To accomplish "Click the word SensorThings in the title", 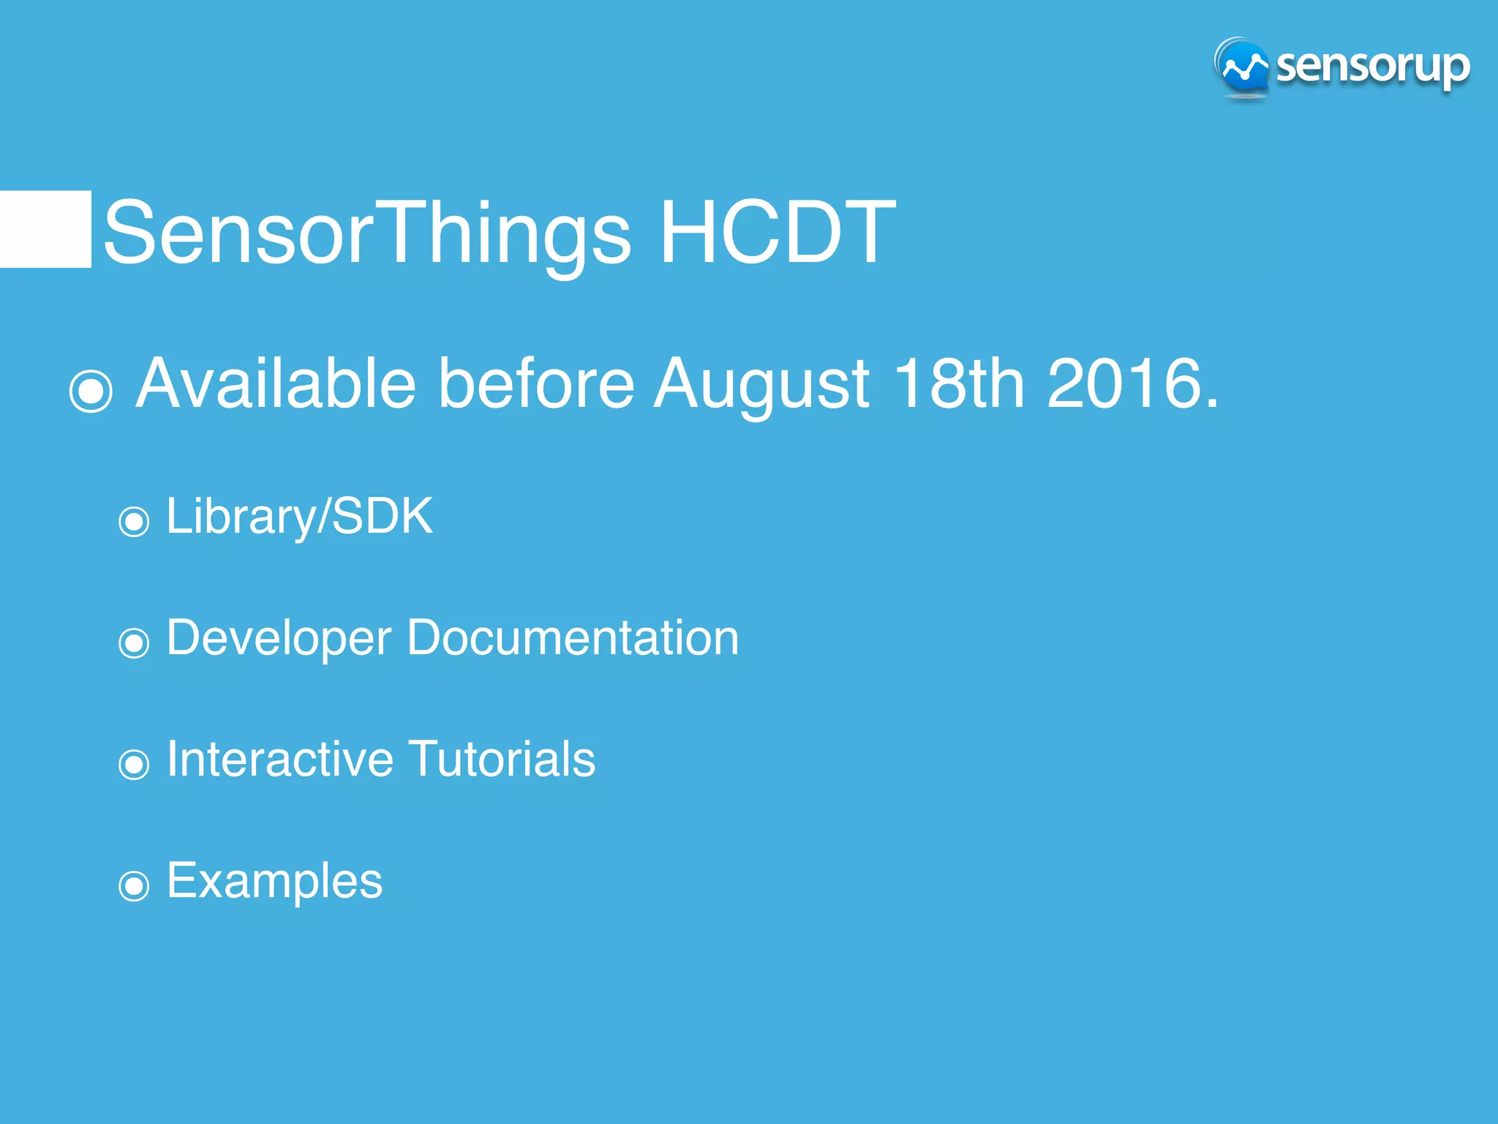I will (366, 233).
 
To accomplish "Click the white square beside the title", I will (45, 229).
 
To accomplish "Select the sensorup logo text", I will (1372, 67).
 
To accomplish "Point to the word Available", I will (276, 383).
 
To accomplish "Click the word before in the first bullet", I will (535, 383).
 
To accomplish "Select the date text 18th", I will (958, 383).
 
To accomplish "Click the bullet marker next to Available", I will (91, 390).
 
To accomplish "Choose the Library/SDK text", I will (299, 517).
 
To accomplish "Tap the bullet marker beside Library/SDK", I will (134, 522).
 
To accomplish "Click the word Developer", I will (279, 638).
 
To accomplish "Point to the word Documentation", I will (573, 637).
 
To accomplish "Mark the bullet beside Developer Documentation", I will (134, 643).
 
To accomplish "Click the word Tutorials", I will (501, 759).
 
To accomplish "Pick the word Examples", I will (274, 881).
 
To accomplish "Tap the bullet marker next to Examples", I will (134, 886).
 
